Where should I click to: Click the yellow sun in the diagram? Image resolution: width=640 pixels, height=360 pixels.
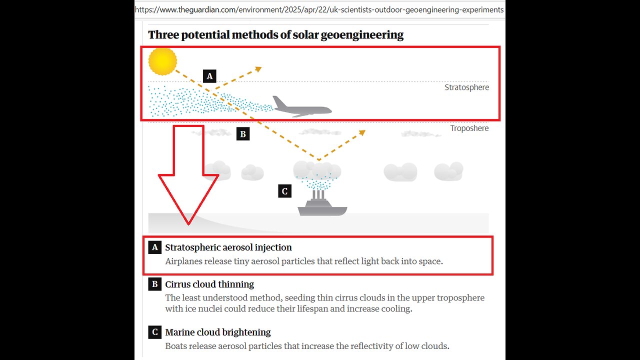click(x=162, y=61)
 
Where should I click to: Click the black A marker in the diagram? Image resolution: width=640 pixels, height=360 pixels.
click(x=209, y=76)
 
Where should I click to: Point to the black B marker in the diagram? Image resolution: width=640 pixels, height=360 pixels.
click(x=242, y=133)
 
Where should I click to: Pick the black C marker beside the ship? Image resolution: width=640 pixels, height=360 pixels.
click(x=284, y=191)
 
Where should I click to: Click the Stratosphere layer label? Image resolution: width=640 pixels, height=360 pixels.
click(x=466, y=87)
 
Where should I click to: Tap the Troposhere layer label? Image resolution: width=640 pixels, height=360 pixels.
click(x=469, y=128)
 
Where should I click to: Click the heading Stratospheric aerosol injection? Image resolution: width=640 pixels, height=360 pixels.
click(x=228, y=247)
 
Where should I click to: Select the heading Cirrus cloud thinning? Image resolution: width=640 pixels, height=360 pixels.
click(x=209, y=284)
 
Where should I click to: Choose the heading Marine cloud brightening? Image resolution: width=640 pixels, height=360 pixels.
click(x=218, y=332)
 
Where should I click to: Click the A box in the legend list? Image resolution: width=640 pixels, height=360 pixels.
click(x=154, y=247)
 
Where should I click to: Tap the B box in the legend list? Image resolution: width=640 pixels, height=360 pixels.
click(x=154, y=284)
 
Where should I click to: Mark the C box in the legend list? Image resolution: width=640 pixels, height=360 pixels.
click(x=154, y=332)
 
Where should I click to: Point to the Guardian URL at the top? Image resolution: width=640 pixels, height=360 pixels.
click(x=319, y=9)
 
